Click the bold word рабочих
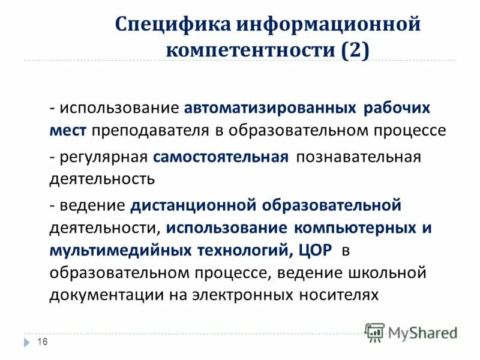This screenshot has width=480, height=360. tap(397, 109)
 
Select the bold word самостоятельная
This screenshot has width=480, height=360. tap(221, 157)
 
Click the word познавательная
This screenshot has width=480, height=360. tap(358, 157)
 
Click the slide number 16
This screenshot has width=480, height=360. tap(42, 342)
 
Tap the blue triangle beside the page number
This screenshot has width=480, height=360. tap(27, 342)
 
